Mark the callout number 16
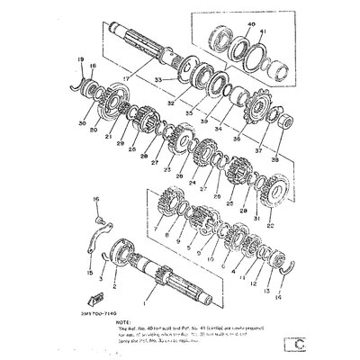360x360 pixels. tap(96, 197)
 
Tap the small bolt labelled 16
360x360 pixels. tap(100, 216)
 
